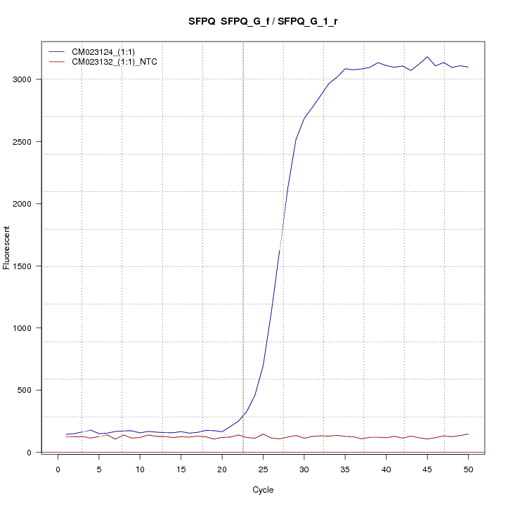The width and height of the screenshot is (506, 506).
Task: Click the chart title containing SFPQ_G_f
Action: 264,22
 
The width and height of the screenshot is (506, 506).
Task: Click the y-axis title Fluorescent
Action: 8,247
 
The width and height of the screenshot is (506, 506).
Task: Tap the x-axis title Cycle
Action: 262,490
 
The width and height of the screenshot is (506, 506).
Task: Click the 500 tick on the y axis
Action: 32,390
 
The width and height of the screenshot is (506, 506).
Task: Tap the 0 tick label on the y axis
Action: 37,453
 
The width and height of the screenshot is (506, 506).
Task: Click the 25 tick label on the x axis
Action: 263,469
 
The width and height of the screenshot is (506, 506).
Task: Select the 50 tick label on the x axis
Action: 468,469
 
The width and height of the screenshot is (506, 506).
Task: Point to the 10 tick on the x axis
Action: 140,469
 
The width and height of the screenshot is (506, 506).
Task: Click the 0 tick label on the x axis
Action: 58,469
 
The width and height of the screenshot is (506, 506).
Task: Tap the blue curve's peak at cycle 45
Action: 427,57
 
